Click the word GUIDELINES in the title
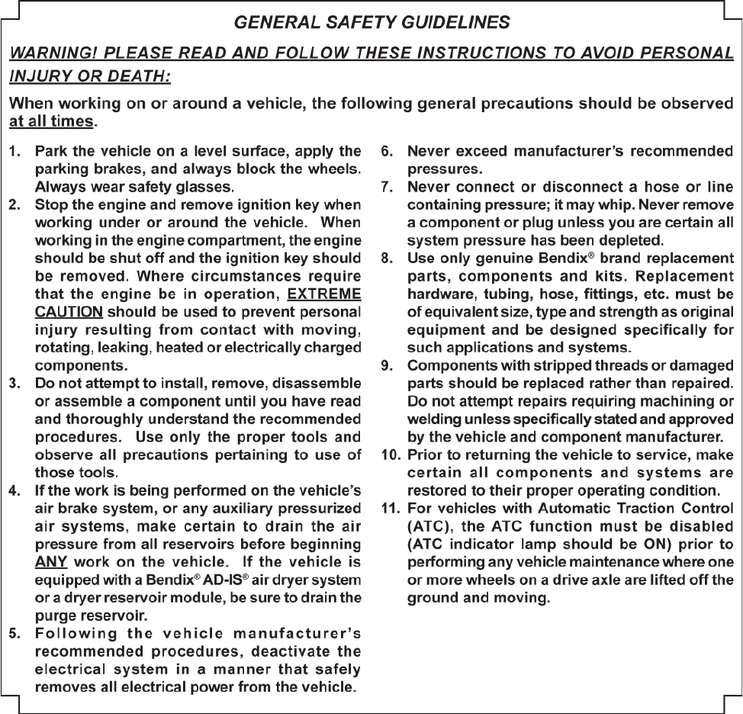[456, 23]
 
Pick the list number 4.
[14, 490]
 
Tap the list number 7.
[387, 186]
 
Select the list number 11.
[389, 507]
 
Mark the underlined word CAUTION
[69, 313]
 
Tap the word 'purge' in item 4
[53, 615]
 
